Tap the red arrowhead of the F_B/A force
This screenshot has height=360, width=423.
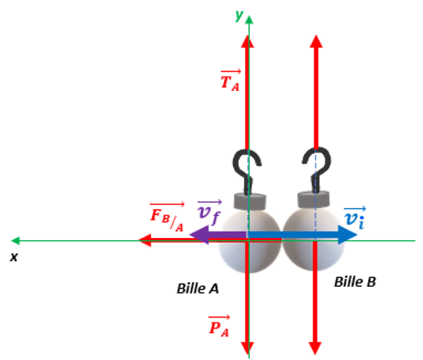(141, 241)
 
